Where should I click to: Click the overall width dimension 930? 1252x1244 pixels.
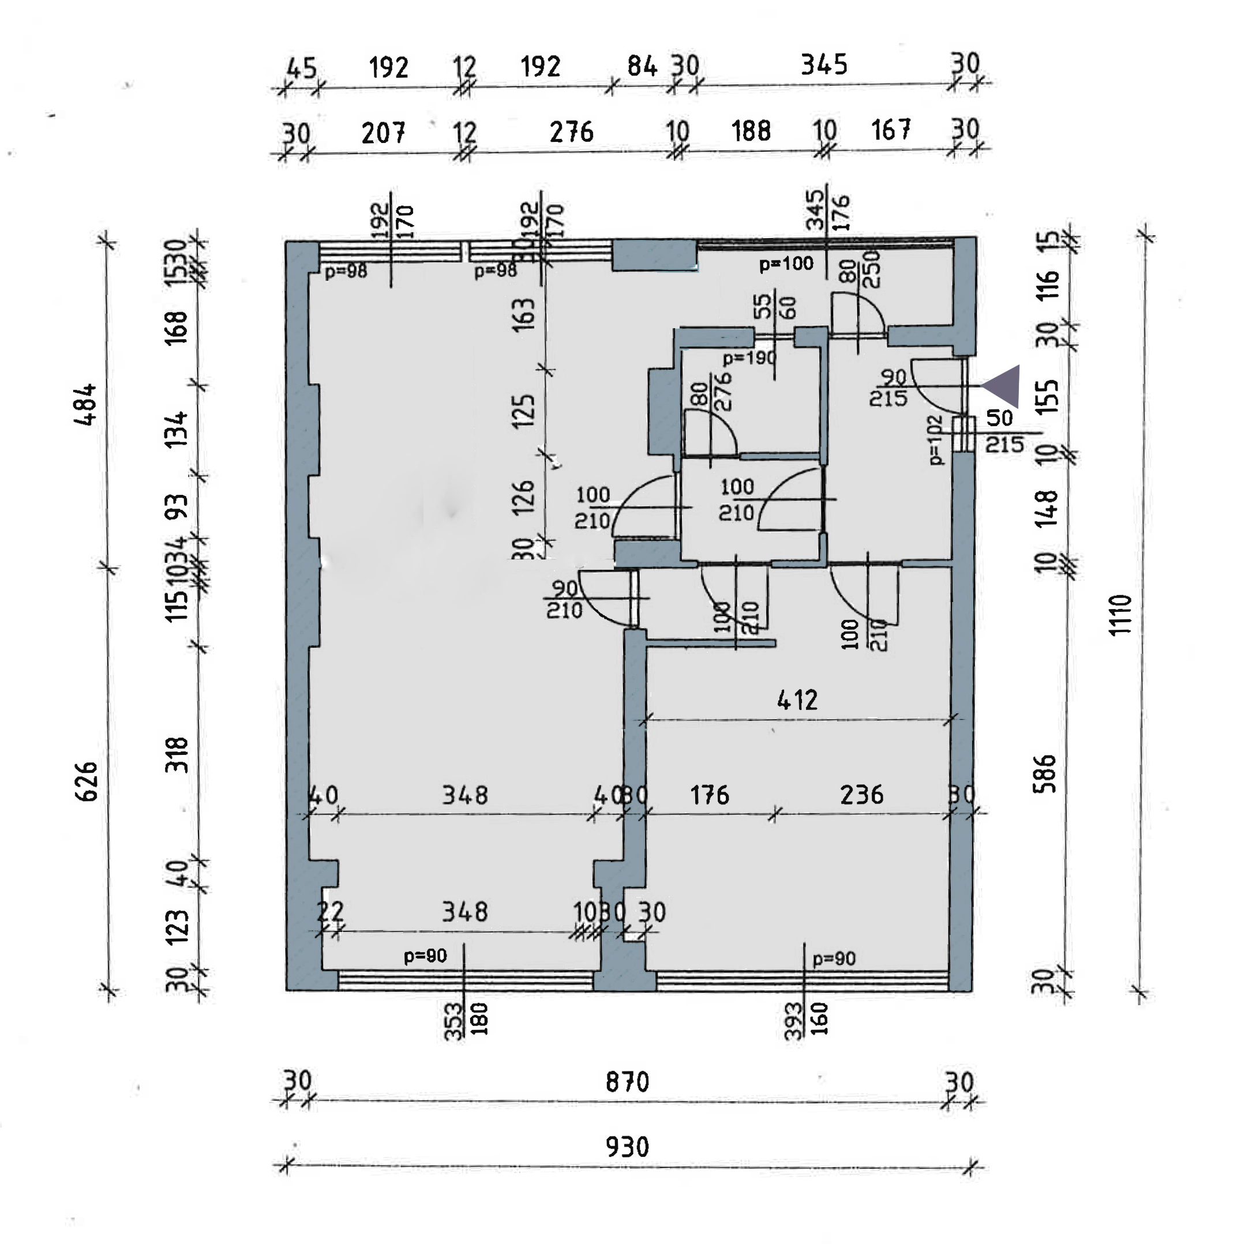point(627,1147)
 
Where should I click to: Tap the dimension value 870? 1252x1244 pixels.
point(627,1082)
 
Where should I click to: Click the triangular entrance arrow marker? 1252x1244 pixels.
point(1003,386)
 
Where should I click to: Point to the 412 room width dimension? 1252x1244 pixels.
point(797,700)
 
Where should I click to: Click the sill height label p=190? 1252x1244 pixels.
point(749,358)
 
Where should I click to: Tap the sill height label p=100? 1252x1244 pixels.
point(786,264)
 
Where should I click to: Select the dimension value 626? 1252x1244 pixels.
point(88,781)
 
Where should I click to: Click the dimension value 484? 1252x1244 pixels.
point(86,404)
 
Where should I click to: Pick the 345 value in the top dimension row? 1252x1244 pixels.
point(824,65)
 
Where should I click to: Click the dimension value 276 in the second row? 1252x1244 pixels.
point(571,132)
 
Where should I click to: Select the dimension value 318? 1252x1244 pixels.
point(177,755)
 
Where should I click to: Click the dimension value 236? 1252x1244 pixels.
point(861,795)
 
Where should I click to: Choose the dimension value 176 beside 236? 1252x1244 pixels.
point(710,795)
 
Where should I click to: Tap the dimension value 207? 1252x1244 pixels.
point(384,133)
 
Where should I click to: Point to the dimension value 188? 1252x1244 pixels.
point(751,131)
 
